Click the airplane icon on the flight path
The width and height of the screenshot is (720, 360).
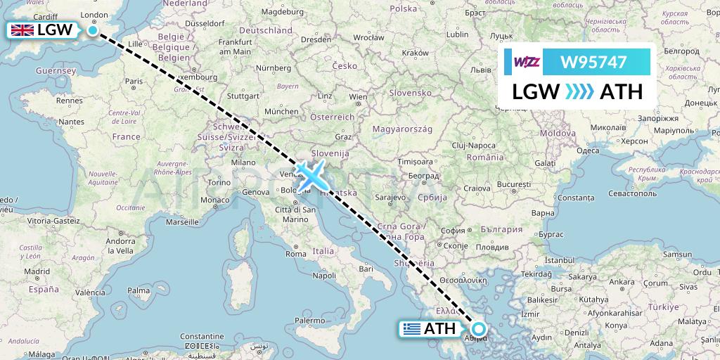pos(309,175)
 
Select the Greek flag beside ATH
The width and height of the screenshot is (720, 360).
pos(412,328)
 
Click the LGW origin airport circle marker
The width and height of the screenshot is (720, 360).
pos(93,30)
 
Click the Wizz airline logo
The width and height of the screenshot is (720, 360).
pos(527,63)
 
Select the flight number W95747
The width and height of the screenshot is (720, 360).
pos(593,63)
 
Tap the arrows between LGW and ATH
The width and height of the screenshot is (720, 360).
pos(580,92)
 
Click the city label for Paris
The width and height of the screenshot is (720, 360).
pos(134,82)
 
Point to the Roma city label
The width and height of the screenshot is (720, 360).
pos(295,254)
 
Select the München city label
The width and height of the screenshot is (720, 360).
pos(281,111)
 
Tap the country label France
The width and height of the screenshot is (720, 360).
pos(127,136)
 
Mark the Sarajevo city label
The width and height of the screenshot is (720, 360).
pos(392,197)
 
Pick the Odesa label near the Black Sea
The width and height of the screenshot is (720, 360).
pos(588,150)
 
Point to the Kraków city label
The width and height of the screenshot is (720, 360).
pos(415,53)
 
